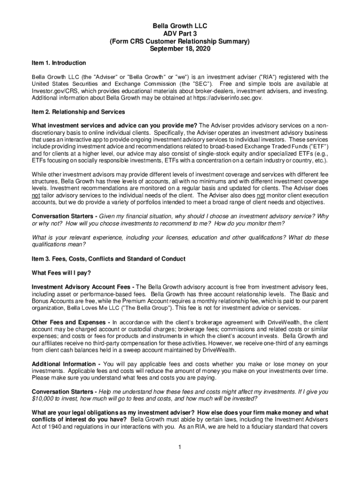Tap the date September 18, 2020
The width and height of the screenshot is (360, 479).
180,49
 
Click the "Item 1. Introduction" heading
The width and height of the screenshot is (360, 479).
58,63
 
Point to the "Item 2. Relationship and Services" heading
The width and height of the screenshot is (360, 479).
78,112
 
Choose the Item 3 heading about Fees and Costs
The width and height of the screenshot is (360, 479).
108,259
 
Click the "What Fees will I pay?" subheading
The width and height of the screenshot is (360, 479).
61,273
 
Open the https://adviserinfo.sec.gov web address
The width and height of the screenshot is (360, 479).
224,98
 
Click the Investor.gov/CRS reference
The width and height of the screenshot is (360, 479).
54,91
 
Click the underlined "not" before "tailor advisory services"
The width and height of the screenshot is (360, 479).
35,195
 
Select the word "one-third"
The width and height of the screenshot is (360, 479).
266,343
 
